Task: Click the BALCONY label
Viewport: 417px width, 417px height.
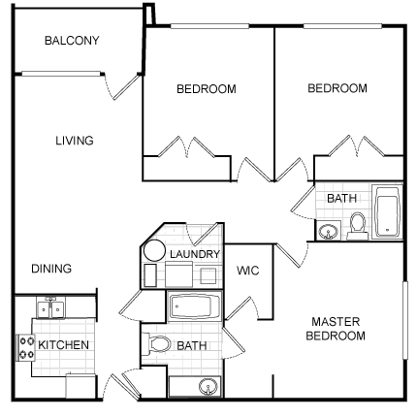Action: [x=72, y=41]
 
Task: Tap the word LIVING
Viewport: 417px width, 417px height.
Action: [x=75, y=141]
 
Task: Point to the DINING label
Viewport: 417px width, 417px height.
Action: [x=51, y=269]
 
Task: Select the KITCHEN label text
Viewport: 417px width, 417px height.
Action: [x=63, y=345]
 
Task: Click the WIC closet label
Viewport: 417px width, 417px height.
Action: [x=248, y=271]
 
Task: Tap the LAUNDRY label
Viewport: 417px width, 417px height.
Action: [x=195, y=254]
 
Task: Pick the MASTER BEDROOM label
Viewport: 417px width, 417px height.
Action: [x=336, y=329]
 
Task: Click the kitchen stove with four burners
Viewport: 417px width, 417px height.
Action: [x=26, y=348]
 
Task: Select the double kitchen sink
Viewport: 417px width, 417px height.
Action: [x=50, y=308]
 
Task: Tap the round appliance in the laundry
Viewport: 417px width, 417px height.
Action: [x=154, y=251]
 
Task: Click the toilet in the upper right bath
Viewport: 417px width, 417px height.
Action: [x=357, y=226]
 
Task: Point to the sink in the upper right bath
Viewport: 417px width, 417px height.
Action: [x=329, y=231]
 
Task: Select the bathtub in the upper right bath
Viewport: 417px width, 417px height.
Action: [x=387, y=211]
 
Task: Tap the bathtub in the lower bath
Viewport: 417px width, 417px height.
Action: [x=194, y=305]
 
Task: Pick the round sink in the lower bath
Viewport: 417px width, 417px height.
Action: [x=208, y=387]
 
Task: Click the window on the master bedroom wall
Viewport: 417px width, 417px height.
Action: [x=405, y=320]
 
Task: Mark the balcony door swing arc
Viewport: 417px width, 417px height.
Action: [x=108, y=86]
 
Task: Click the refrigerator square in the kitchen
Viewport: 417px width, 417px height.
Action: [x=81, y=387]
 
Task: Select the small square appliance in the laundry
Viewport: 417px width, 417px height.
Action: [x=208, y=276]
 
